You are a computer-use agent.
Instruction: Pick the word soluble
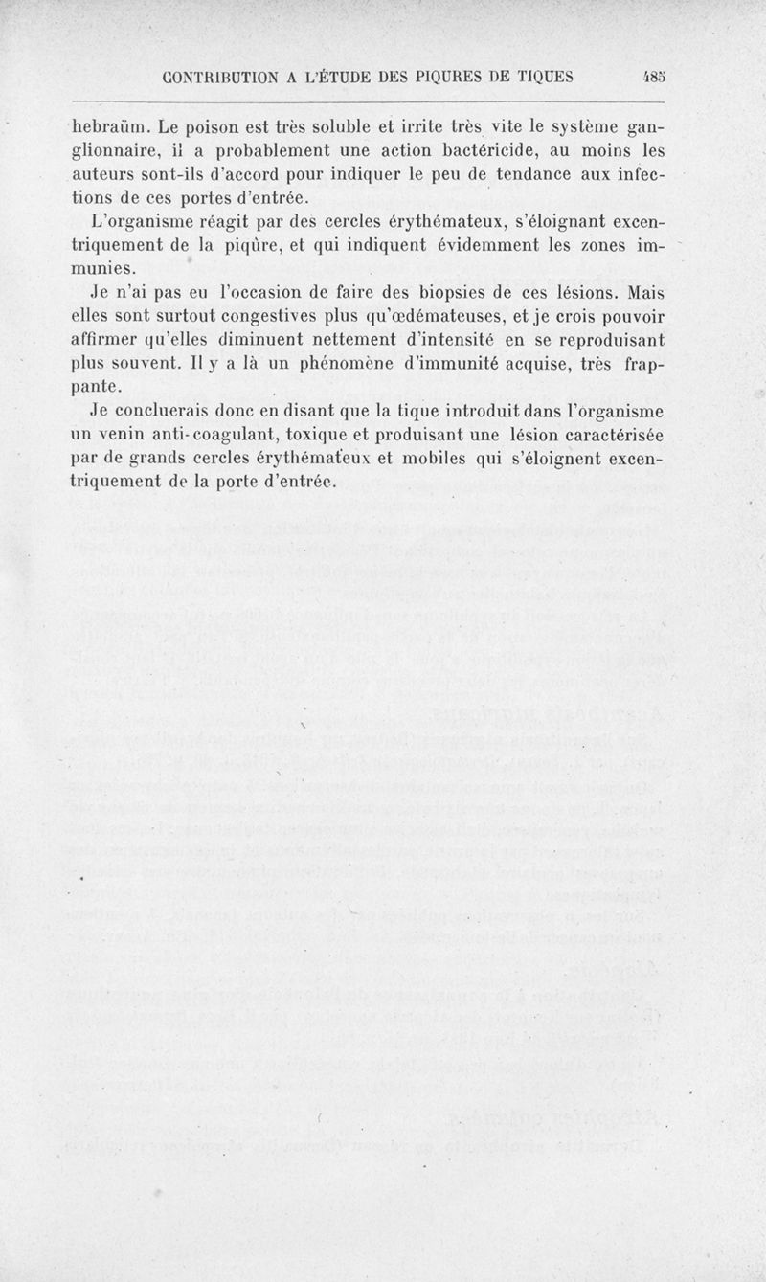[358, 127]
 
